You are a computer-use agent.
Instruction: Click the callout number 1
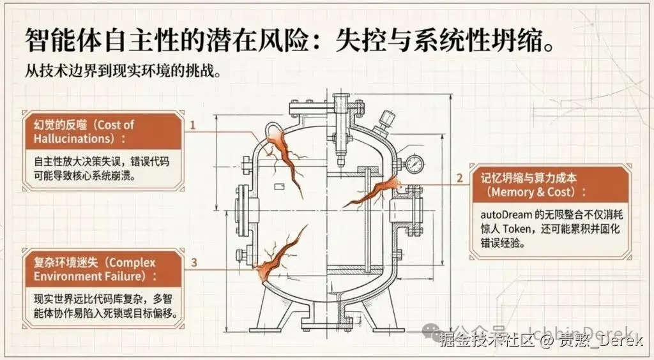coord(192,125)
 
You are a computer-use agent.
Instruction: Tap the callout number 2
coord(459,178)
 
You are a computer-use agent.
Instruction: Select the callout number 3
coord(194,262)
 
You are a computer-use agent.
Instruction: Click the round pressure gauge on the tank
coord(414,163)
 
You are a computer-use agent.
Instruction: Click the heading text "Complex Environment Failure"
coord(96,269)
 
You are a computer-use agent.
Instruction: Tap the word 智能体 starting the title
coord(54,41)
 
